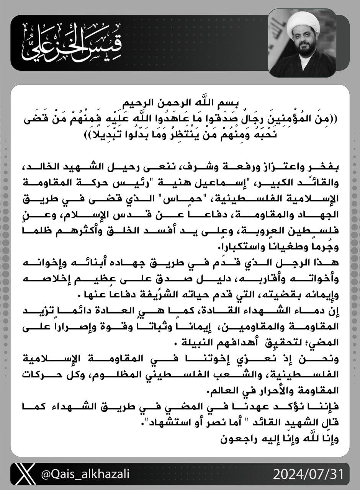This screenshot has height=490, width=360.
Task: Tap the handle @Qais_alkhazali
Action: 85,474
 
